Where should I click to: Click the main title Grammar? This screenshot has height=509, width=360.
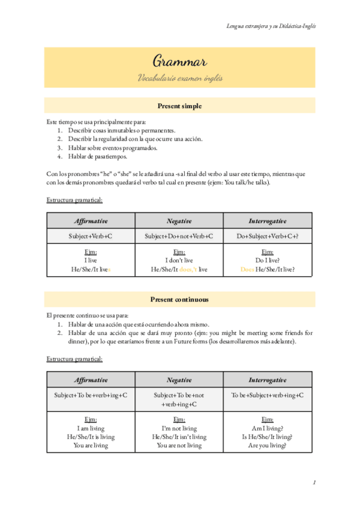pos(180,62)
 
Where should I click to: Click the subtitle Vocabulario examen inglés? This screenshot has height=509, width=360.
pos(180,78)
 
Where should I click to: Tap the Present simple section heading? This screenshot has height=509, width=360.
pos(180,106)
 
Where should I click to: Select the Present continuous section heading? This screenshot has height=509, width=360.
pos(180,299)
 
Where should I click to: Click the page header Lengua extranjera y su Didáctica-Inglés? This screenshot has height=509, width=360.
pos(271,26)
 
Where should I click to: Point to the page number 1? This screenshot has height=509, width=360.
pos(314,482)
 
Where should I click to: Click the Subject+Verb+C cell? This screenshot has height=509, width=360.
pos(91,236)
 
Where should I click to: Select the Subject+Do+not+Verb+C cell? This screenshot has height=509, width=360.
pos(179,236)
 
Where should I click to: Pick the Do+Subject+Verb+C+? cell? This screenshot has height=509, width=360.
pos(268,236)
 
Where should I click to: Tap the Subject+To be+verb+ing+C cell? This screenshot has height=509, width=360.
pos(91,396)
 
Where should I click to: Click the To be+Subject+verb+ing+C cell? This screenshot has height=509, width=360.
pos(268,396)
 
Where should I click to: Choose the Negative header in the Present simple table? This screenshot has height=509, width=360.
pos(179,220)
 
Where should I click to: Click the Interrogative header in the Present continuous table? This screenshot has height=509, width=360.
pos(268,380)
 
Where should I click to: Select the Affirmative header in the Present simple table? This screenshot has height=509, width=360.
pos(91,220)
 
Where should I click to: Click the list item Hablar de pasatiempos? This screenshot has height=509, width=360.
pos(97,157)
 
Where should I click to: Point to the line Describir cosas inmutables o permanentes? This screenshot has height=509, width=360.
pos(122,130)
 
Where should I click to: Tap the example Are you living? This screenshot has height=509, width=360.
pos(268,445)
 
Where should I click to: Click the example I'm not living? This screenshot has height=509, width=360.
pos(179,429)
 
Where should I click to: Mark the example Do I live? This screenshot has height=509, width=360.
pos(268,261)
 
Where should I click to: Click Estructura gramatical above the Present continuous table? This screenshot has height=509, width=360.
pos(74,358)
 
